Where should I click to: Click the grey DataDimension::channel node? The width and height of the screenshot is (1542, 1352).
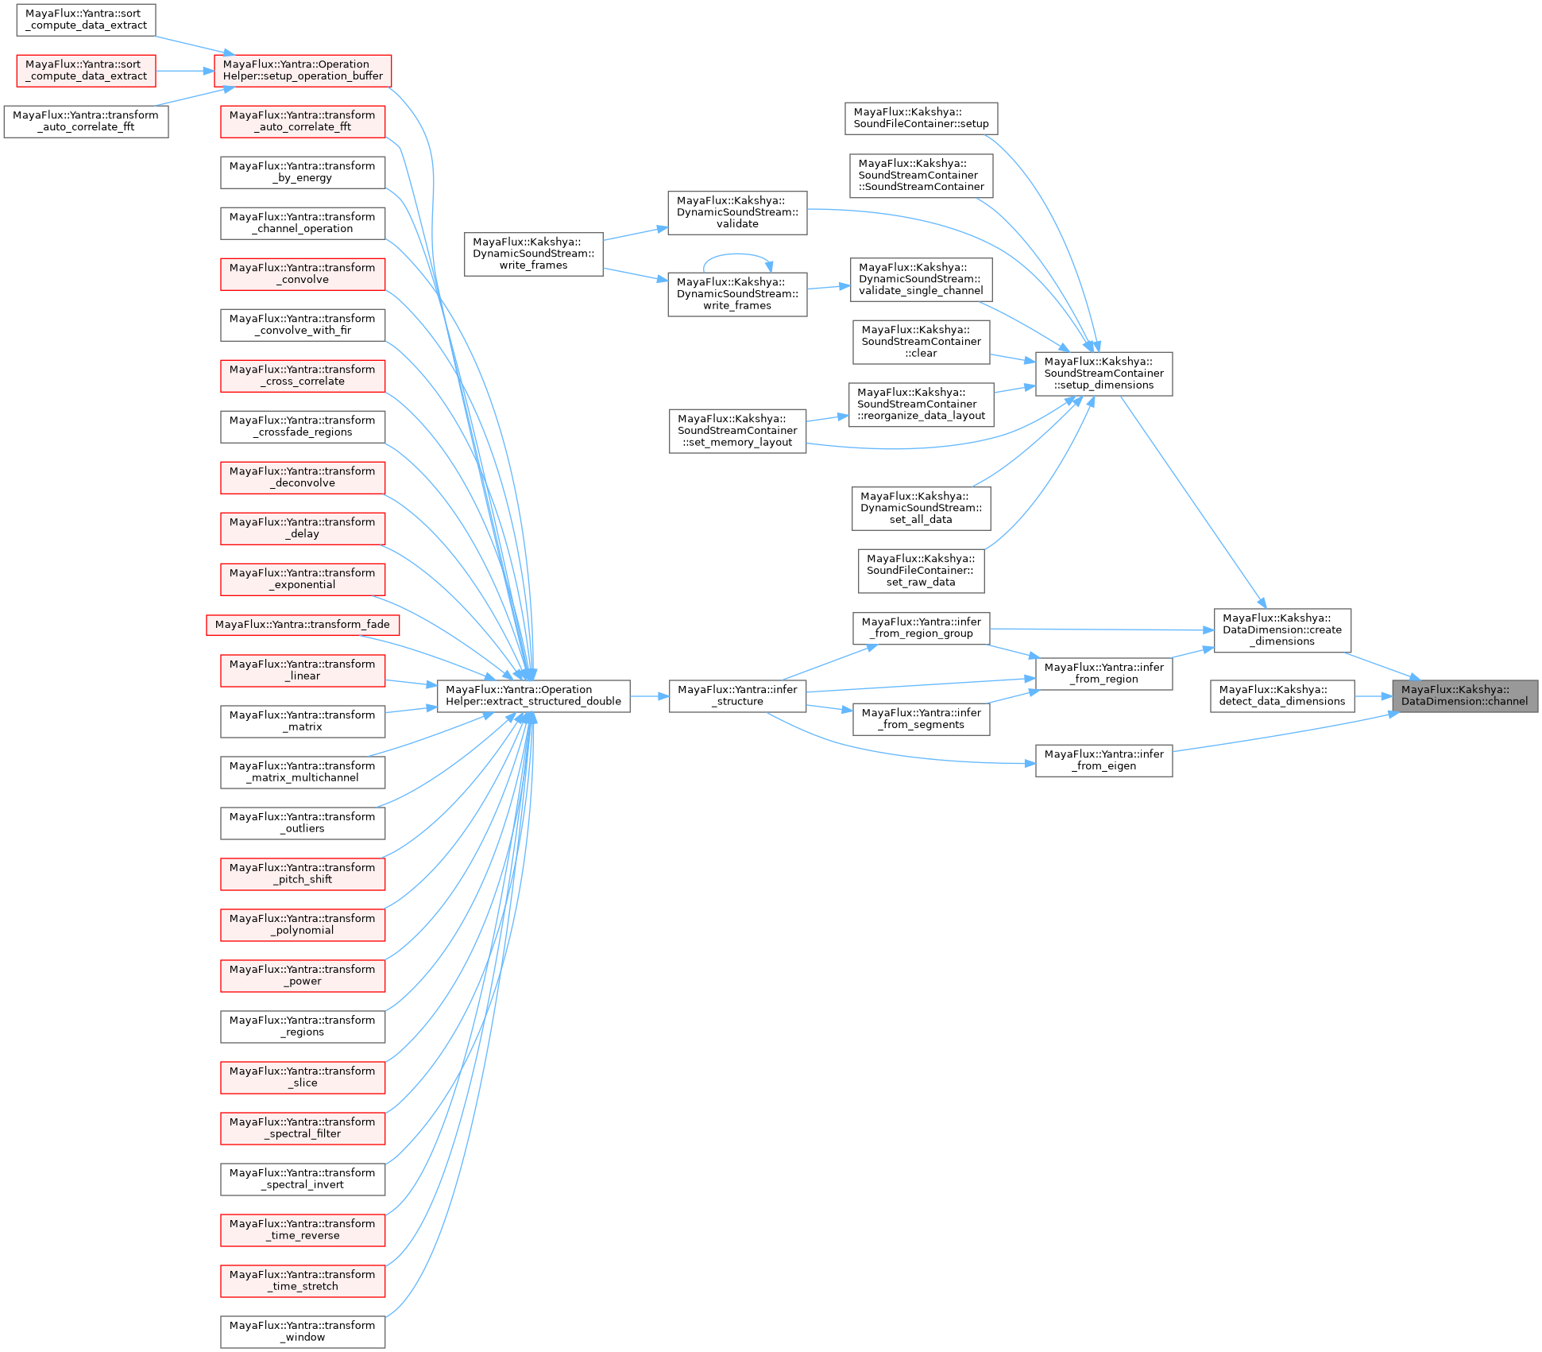pyautogui.click(x=1464, y=695)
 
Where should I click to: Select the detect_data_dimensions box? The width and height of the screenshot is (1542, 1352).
pyautogui.click(x=1281, y=695)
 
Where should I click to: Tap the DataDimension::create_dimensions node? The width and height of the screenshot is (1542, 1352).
pyautogui.click(x=1281, y=630)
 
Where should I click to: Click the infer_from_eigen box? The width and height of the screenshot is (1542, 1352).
pyautogui.click(x=1103, y=760)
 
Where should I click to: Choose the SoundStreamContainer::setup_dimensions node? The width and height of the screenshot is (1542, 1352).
pyautogui.click(x=1103, y=374)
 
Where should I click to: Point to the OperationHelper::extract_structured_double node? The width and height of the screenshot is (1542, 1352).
pyautogui.click(x=533, y=695)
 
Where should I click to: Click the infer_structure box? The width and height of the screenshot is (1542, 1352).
pyautogui.click(x=737, y=695)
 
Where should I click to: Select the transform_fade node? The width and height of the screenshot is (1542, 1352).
pyautogui.click(x=302, y=625)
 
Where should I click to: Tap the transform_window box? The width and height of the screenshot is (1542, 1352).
pyautogui.click(x=302, y=1331)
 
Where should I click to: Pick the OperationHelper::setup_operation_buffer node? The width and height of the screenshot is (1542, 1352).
pyautogui.click(x=303, y=71)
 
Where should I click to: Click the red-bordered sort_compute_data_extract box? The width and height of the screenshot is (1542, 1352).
pyautogui.click(x=86, y=71)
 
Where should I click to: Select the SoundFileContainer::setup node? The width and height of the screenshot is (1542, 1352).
pyautogui.click(x=921, y=118)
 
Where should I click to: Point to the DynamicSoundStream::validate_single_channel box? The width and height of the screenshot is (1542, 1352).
pyautogui.click(x=921, y=279)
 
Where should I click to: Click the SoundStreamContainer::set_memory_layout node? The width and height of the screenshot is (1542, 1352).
pyautogui.click(x=737, y=431)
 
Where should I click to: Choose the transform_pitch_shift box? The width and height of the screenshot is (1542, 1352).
pyautogui.click(x=302, y=874)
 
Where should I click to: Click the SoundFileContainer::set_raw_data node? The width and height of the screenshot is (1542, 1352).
pyautogui.click(x=921, y=571)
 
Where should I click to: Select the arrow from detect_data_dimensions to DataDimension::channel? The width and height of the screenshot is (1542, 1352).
pyautogui.click(x=1373, y=696)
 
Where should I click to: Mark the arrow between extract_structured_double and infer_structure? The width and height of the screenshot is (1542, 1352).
pyautogui.click(x=649, y=696)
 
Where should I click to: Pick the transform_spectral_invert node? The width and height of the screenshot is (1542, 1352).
pyautogui.click(x=302, y=1179)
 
